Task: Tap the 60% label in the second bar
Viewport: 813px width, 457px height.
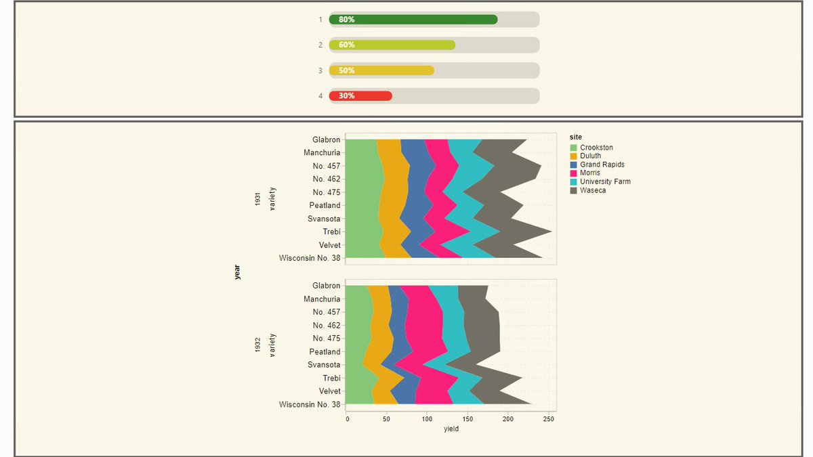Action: click(347, 45)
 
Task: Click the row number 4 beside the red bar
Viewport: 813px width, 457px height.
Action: click(320, 96)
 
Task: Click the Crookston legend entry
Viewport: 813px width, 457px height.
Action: click(596, 148)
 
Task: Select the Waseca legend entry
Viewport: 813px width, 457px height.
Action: click(593, 190)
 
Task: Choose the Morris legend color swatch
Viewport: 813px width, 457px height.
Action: click(574, 173)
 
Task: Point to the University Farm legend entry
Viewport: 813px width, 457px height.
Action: click(605, 181)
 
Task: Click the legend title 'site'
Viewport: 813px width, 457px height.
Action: click(575, 137)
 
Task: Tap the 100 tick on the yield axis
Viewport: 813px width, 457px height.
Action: click(427, 419)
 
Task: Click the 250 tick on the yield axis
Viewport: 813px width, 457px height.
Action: click(549, 419)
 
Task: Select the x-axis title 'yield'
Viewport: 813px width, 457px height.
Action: click(451, 429)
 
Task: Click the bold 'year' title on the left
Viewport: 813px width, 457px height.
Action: click(237, 271)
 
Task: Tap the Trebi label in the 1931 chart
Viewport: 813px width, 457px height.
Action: click(331, 232)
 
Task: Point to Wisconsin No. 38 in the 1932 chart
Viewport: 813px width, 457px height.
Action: click(310, 405)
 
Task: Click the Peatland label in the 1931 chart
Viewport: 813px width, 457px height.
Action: click(325, 206)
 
